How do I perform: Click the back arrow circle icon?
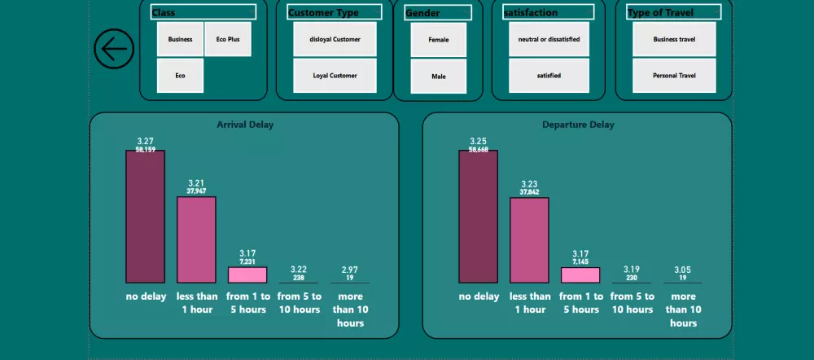pos(114,49)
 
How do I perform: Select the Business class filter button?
pos(180,39)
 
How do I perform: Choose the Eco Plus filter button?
pos(228,39)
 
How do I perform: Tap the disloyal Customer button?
pos(335,39)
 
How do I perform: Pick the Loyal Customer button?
pos(335,76)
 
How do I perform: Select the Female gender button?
pos(439,39)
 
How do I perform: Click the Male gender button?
pos(439,77)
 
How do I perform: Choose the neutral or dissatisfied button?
pos(549,39)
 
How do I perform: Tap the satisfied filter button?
pos(549,76)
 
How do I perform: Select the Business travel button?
pos(674,39)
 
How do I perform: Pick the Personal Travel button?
pos(674,76)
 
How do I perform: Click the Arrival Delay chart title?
pos(245,125)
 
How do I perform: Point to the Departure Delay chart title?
pos(578,125)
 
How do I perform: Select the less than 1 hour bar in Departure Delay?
pos(529,240)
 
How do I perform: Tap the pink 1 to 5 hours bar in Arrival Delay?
pos(247,274)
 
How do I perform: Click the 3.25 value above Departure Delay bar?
pos(478,141)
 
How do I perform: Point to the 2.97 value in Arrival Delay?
pos(349,269)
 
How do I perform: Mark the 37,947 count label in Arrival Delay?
pos(196,191)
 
